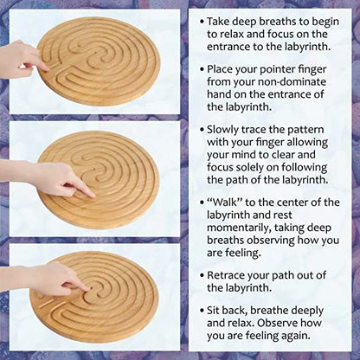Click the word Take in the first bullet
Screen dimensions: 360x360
tap(222, 18)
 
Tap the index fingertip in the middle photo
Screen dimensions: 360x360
tap(92, 192)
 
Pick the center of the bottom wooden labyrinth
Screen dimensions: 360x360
tap(98, 295)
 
